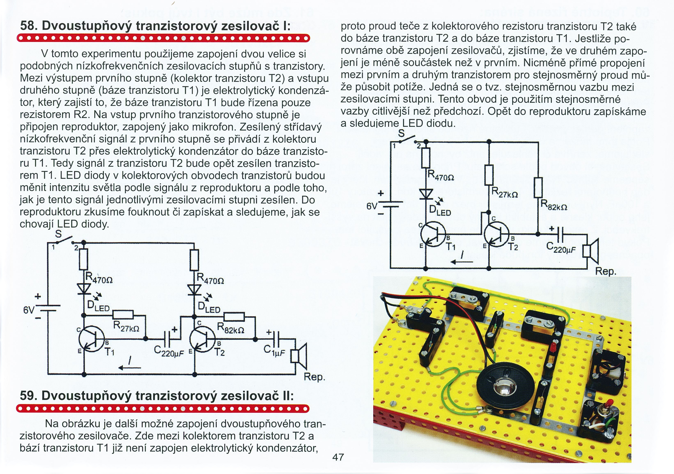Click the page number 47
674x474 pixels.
click(338, 457)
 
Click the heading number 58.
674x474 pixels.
click(29, 26)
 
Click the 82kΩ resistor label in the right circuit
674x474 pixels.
click(554, 205)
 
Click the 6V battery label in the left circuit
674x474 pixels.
click(29, 310)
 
